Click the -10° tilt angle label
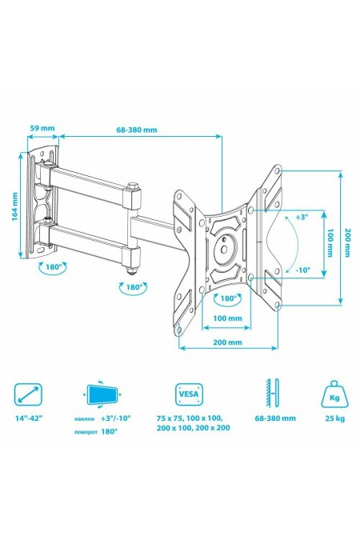point(302,270)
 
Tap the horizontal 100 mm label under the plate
point(229,318)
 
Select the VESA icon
point(190,394)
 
